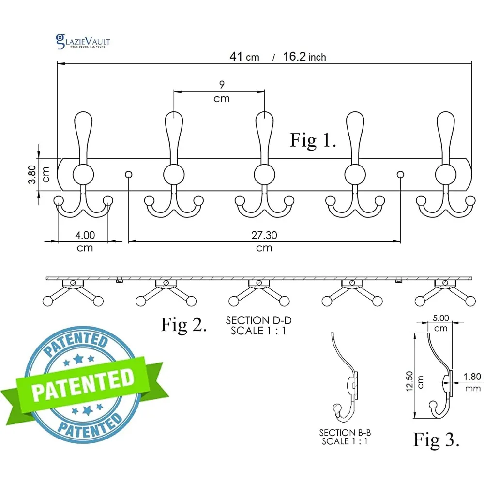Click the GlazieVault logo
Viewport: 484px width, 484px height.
click(x=83, y=42)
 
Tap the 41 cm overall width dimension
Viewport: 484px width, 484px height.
click(x=244, y=57)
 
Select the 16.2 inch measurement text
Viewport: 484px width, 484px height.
click(x=304, y=57)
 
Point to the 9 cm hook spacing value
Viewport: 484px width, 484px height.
click(x=222, y=91)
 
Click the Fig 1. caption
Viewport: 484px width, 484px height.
click(x=313, y=140)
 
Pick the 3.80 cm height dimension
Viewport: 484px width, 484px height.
click(x=39, y=174)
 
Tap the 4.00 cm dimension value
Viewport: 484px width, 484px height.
click(x=85, y=241)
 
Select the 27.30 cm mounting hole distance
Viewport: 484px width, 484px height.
click(x=264, y=241)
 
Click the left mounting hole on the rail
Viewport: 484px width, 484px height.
click(x=129, y=175)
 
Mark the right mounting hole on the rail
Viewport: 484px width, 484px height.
click(x=400, y=175)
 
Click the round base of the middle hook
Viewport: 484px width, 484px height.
click(x=265, y=175)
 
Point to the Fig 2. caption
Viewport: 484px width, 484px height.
click(x=183, y=325)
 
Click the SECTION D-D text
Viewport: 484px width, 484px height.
click(x=258, y=320)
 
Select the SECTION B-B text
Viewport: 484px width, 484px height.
click(x=345, y=433)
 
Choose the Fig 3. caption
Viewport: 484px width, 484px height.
click(x=436, y=439)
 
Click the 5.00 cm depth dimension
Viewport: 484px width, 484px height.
click(x=441, y=322)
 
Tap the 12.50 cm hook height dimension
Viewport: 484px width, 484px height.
click(x=414, y=381)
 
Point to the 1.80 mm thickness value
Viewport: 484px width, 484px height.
click(x=472, y=382)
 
